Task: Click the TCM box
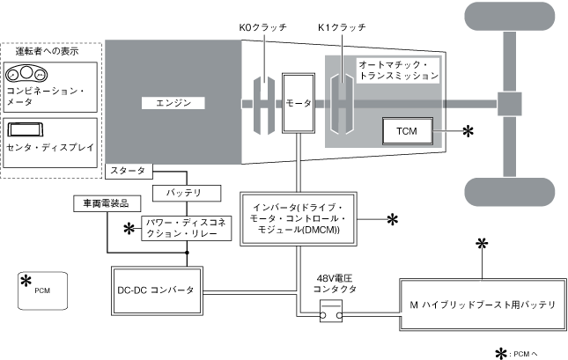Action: click(406, 131)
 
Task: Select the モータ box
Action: click(298, 103)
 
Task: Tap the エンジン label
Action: click(173, 103)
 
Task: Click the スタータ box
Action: click(129, 169)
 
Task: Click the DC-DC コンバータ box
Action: click(157, 290)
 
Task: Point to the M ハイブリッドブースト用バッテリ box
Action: click(482, 305)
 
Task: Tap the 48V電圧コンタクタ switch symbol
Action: click(331, 311)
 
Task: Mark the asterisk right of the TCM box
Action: click(468, 131)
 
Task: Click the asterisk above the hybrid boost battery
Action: click(481, 244)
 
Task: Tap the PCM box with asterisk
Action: click(41, 290)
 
